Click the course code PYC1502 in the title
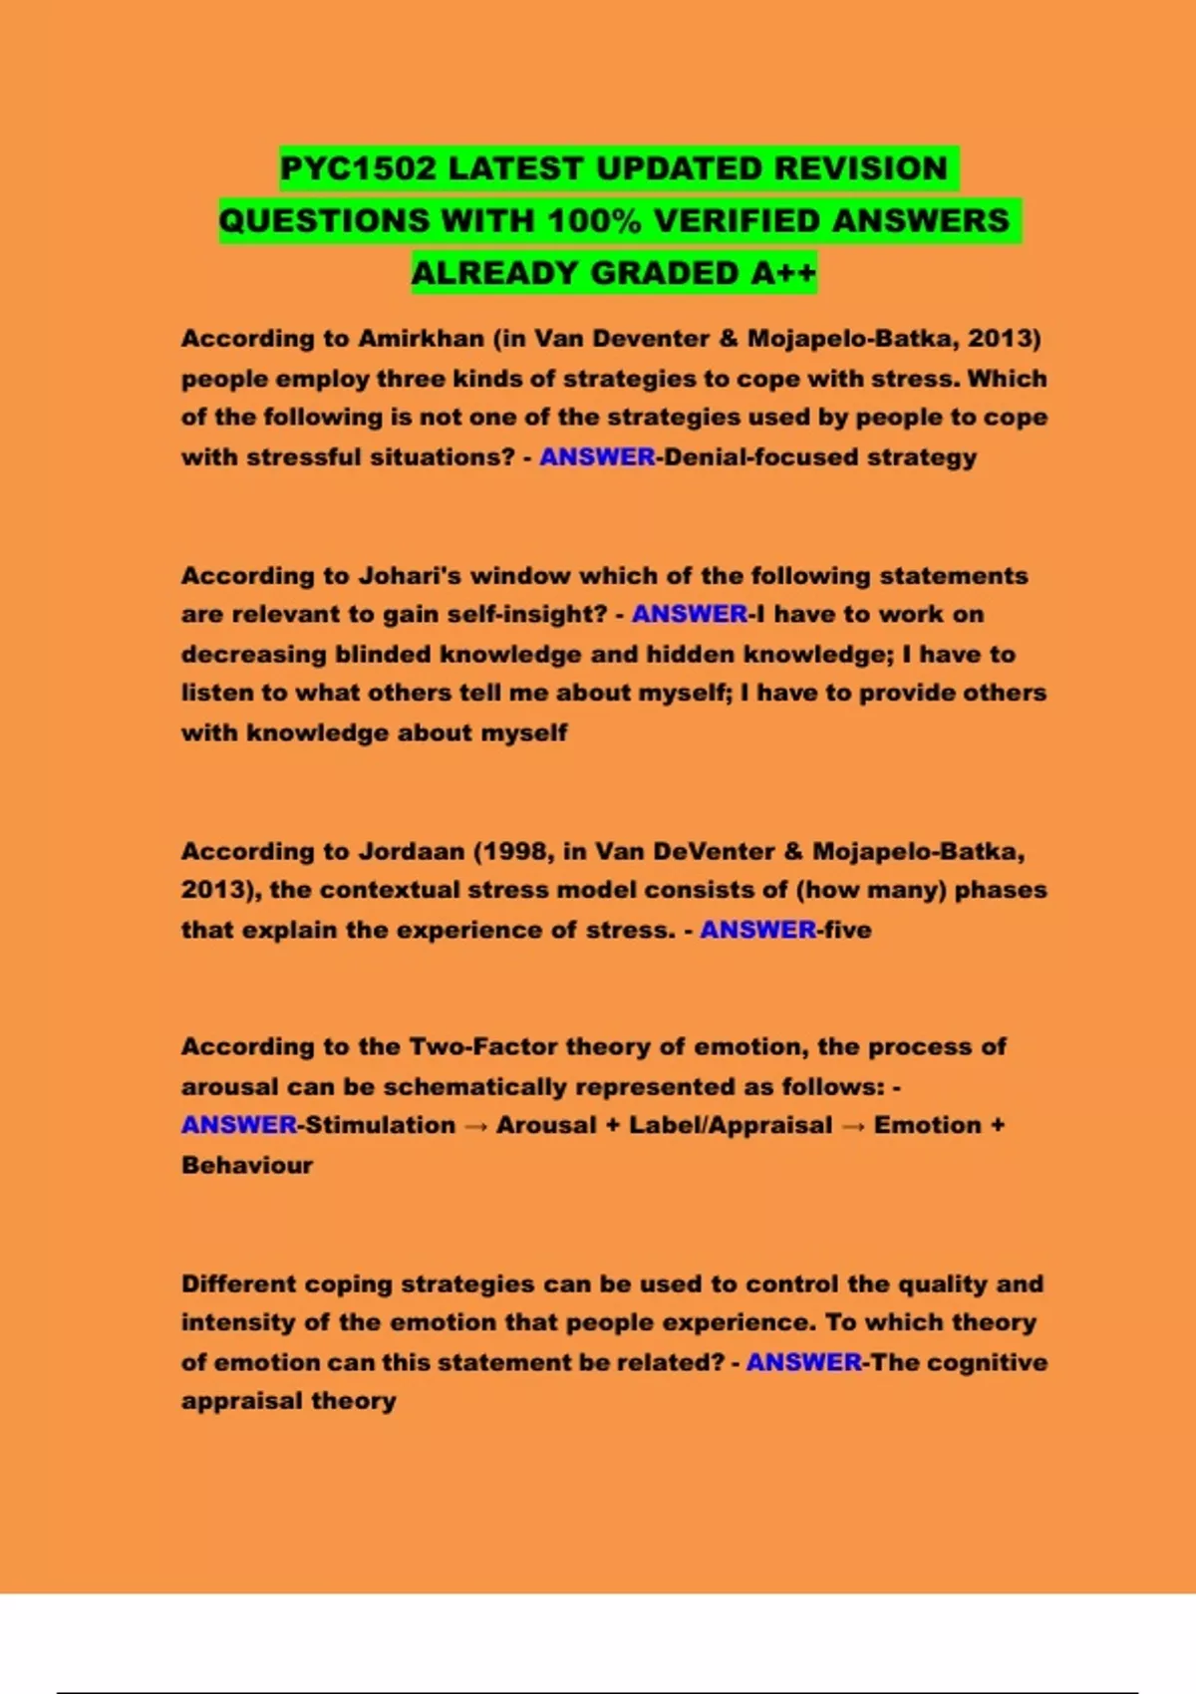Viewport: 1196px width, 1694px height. click(358, 168)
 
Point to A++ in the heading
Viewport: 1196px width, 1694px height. click(783, 272)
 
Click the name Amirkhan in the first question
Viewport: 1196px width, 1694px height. click(421, 339)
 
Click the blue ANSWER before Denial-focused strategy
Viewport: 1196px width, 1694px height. click(597, 457)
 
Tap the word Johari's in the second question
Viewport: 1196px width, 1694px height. click(410, 576)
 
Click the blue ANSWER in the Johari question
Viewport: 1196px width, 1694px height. click(689, 615)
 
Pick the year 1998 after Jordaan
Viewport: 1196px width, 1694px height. click(515, 852)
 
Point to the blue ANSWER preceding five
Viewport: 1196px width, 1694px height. click(757, 930)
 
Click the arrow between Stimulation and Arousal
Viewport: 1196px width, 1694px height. click(475, 1126)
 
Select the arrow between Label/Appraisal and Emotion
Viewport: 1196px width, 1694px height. click(853, 1126)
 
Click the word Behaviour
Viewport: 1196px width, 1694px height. click(247, 1165)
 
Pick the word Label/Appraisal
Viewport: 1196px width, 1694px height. click(730, 1126)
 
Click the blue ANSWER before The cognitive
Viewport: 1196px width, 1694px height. click(803, 1362)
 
